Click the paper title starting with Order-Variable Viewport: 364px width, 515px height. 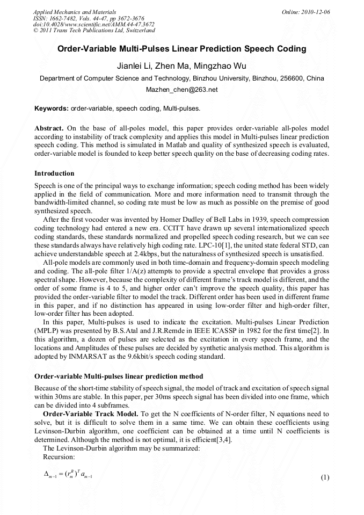click(x=181, y=49)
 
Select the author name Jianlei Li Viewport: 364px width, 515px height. click(x=135, y=66)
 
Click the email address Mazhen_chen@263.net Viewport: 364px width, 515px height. click(x=181, y=90)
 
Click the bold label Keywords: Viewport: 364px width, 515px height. click(x=52, y=108)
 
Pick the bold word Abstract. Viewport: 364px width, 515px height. click(x=49, y=129)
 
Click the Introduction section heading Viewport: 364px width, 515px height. click(x=54, y=173)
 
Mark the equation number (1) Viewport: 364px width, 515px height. click(x=324, y=477)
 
